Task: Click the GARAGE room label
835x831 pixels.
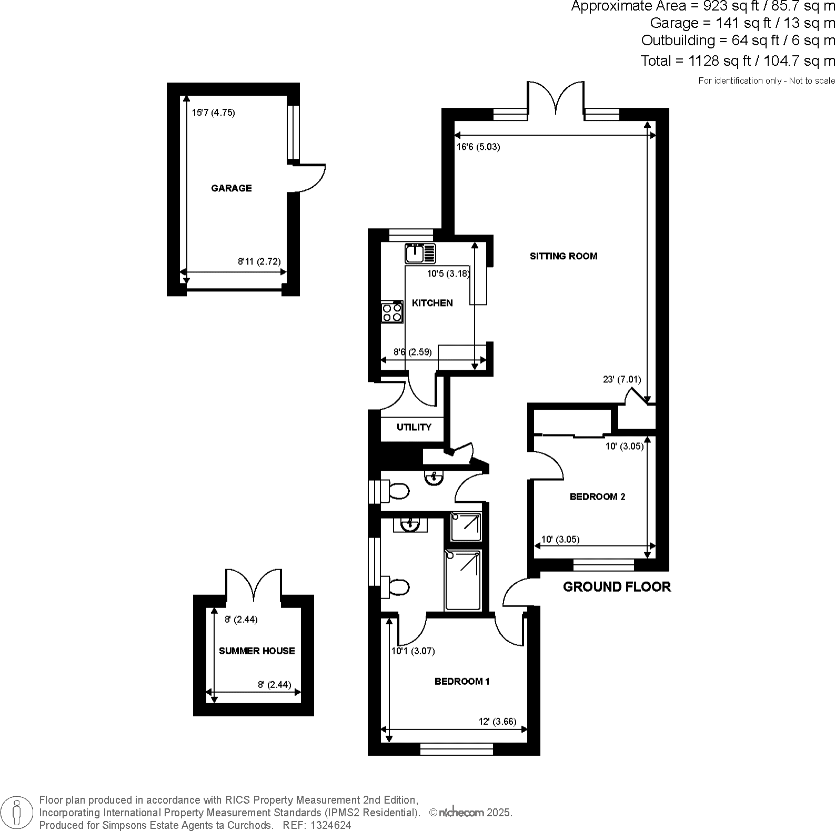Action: [x=232, y=188]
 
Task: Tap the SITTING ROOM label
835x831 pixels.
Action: [x=564, y=256]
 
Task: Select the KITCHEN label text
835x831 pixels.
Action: [x=432, y=303]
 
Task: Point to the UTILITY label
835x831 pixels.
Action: [x=414, y=427]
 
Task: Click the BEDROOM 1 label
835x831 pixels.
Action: [x=462, y=682]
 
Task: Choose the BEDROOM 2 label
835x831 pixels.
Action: [x=598, y=496]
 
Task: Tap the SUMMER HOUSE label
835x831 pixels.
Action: [x=257, y=651]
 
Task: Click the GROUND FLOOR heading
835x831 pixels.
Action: [x=617, y=587]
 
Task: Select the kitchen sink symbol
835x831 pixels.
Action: [x=420, y=254]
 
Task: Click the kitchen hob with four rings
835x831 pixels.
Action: [x=393, y=311]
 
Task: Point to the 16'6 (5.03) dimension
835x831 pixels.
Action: [x=478, y=147]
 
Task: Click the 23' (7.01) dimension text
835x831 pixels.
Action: [x=621, y=379]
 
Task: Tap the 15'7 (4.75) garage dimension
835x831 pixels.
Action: [x=213, y=113]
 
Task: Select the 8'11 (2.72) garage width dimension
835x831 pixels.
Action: [x=259, y=261]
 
